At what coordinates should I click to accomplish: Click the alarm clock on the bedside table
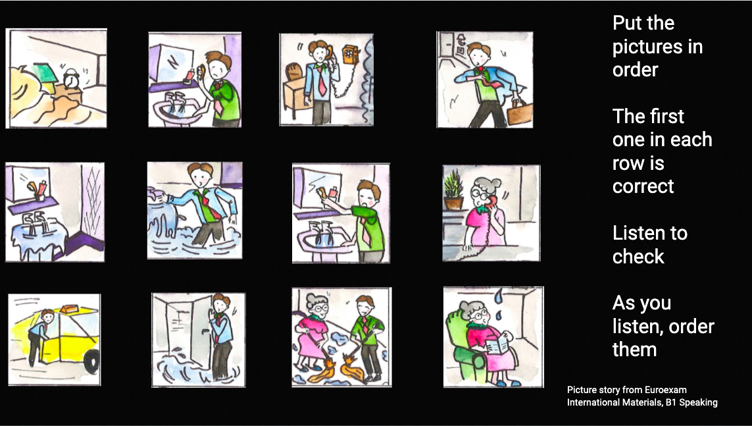[x=72, y=78]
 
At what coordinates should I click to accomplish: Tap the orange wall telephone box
[x=351, y=55]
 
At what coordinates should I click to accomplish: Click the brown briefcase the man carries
[x=519, y=113]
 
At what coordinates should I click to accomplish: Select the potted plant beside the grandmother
[x=454, y=190]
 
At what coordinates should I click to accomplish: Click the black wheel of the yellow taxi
[x=91, y=361]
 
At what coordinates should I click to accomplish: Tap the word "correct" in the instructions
[x=643, y=186]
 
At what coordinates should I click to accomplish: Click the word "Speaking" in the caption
[x=698, y=403]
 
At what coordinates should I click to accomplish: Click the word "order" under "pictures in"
[x=635, y=70]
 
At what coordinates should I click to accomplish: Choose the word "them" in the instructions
[x=634, y=350]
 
